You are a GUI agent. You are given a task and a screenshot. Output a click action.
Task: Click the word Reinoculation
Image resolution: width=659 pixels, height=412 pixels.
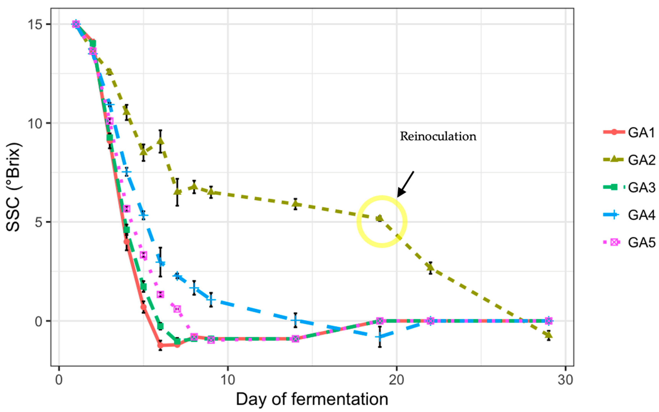(438, 136)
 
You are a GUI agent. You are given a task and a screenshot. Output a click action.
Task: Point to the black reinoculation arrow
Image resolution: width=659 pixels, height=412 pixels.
(405, 184)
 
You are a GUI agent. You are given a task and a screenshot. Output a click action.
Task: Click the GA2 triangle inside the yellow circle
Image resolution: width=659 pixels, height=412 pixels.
(379, 218)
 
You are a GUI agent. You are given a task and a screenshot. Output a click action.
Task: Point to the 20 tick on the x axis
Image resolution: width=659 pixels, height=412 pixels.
(396, 380)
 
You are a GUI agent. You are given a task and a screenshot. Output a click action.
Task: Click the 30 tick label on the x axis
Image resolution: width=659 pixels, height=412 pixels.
(565, 380)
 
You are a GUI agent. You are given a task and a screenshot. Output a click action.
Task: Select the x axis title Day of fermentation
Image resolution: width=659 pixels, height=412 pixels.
(312, 399)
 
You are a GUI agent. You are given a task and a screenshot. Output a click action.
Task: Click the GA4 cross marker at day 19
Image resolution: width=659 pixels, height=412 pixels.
(379, 337)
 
